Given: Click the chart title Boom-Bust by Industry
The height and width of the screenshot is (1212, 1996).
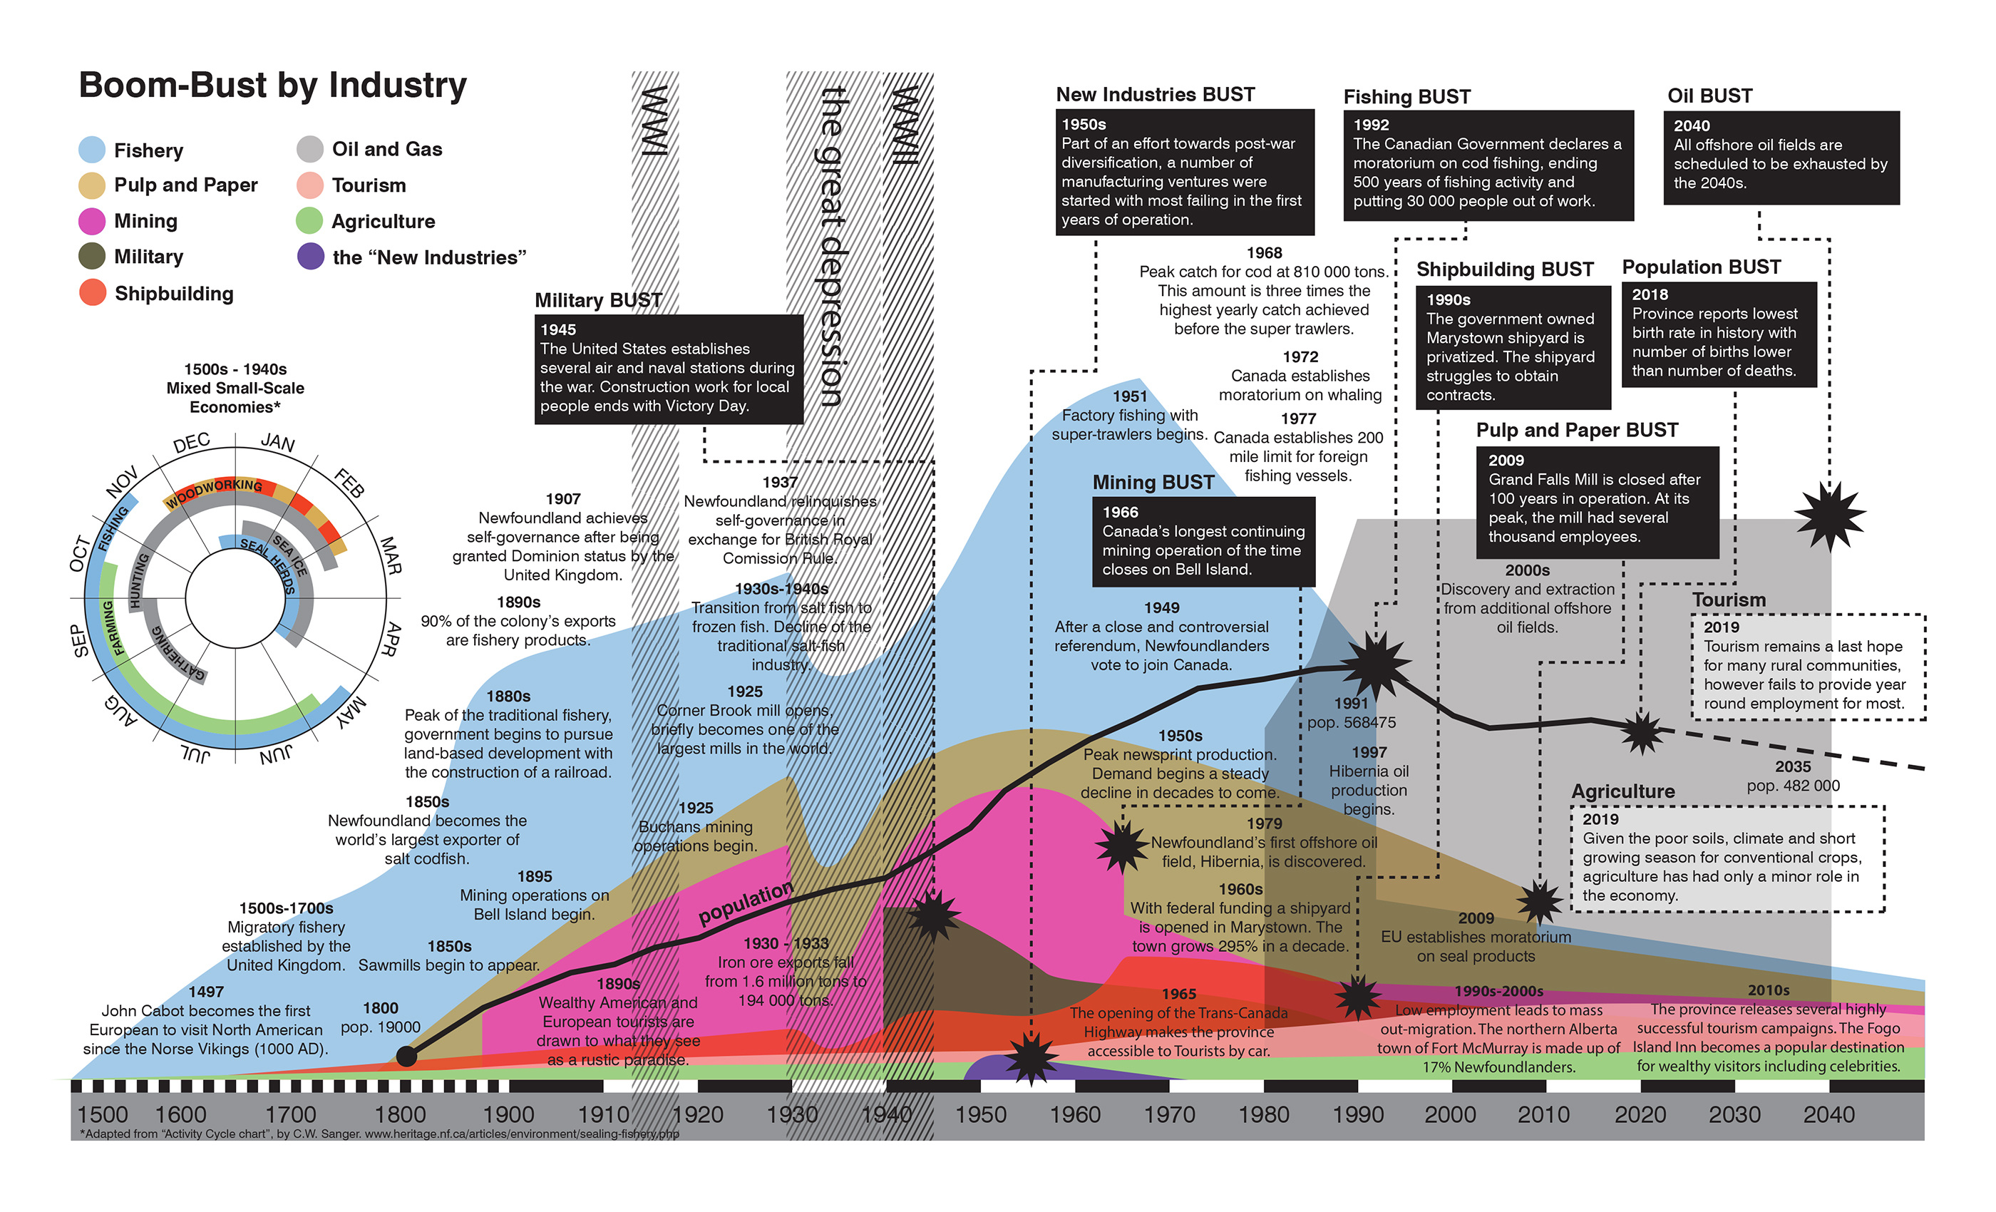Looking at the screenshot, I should coord(272,85).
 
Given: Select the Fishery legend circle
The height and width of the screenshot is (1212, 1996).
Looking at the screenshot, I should coord(91,150).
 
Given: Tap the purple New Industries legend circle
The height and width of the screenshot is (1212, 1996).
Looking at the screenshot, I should coord(310,257).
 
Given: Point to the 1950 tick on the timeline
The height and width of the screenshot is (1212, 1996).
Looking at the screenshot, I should coord(980,1115).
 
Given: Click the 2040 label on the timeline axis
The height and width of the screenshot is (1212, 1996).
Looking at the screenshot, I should coord(1828,1115).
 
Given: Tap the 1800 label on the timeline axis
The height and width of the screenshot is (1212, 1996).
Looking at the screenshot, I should coord(400,1115).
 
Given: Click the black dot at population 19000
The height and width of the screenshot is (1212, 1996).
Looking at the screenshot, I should coord(406,1056).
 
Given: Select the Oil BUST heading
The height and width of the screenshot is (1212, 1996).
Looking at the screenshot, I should coord(1709,96).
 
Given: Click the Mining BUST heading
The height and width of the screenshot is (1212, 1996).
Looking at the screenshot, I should coord(1153,482).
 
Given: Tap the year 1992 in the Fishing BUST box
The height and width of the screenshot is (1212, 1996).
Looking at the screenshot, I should coord(1371,125).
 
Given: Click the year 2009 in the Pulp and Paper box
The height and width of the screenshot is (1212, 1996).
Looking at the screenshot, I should coord(1506,460).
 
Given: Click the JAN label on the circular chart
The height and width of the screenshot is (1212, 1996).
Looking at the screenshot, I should coord(278,442).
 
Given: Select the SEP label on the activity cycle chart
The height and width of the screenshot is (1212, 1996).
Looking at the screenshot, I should coord(79,640).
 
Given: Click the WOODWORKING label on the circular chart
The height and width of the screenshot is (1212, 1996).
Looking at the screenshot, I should coord(215,491).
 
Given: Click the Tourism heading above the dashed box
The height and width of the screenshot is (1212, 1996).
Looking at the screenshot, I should coord(1728,600).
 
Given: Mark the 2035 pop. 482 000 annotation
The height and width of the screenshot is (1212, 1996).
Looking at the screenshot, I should coord(1793,776).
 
